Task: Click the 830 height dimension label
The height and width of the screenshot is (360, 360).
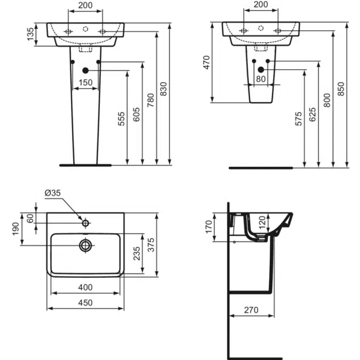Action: click(163, 89)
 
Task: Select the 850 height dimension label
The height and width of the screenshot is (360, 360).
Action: click(341, 89)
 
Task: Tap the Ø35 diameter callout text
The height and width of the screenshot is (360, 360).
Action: click(53, 193)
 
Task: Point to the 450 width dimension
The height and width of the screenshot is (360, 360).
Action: click(85, 302)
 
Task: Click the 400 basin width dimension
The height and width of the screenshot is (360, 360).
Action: click(85, 287)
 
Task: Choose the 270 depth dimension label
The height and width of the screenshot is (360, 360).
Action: click(251, 310)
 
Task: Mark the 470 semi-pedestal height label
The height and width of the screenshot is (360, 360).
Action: click(206, 62)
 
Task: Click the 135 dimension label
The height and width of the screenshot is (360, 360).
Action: click(30, 34)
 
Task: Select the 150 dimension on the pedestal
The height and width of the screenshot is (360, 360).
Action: click(85, 83)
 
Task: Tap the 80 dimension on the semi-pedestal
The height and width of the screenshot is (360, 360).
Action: click(261, 79)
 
